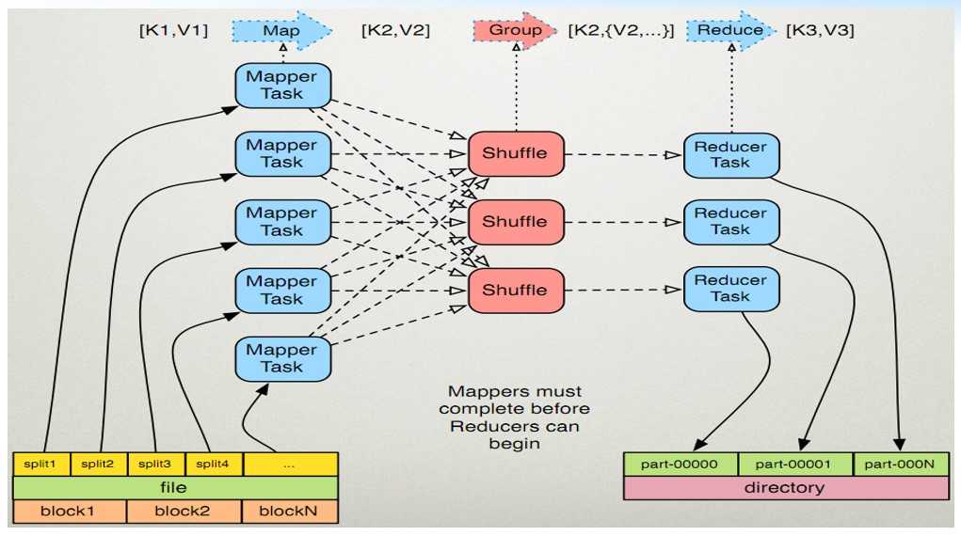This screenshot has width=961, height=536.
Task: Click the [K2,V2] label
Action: tap(395, 31)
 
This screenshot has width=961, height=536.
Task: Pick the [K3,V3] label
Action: tap(820, 31)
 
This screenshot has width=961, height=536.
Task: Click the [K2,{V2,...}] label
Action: tap(621, 31)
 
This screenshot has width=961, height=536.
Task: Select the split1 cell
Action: tap(40, 464)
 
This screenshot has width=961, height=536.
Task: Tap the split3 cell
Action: tap(155, 464)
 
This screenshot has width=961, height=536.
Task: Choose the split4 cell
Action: tap(213, 464)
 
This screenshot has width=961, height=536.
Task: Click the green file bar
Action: tap(174, 487)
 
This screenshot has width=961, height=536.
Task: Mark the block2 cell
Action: tap(184, 512)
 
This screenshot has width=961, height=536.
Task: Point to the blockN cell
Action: tap(289, 512)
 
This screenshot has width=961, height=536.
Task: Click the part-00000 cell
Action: tap(680, 464)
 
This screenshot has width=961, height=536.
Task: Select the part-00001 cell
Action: tap(795, 464)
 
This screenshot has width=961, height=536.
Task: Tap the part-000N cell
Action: tap(900, 464)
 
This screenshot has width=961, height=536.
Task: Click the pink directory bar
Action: tap(785, 487)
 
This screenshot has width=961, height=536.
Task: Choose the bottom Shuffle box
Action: tap(514, 290)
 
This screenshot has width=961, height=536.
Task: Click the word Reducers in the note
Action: tap(515, 426)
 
